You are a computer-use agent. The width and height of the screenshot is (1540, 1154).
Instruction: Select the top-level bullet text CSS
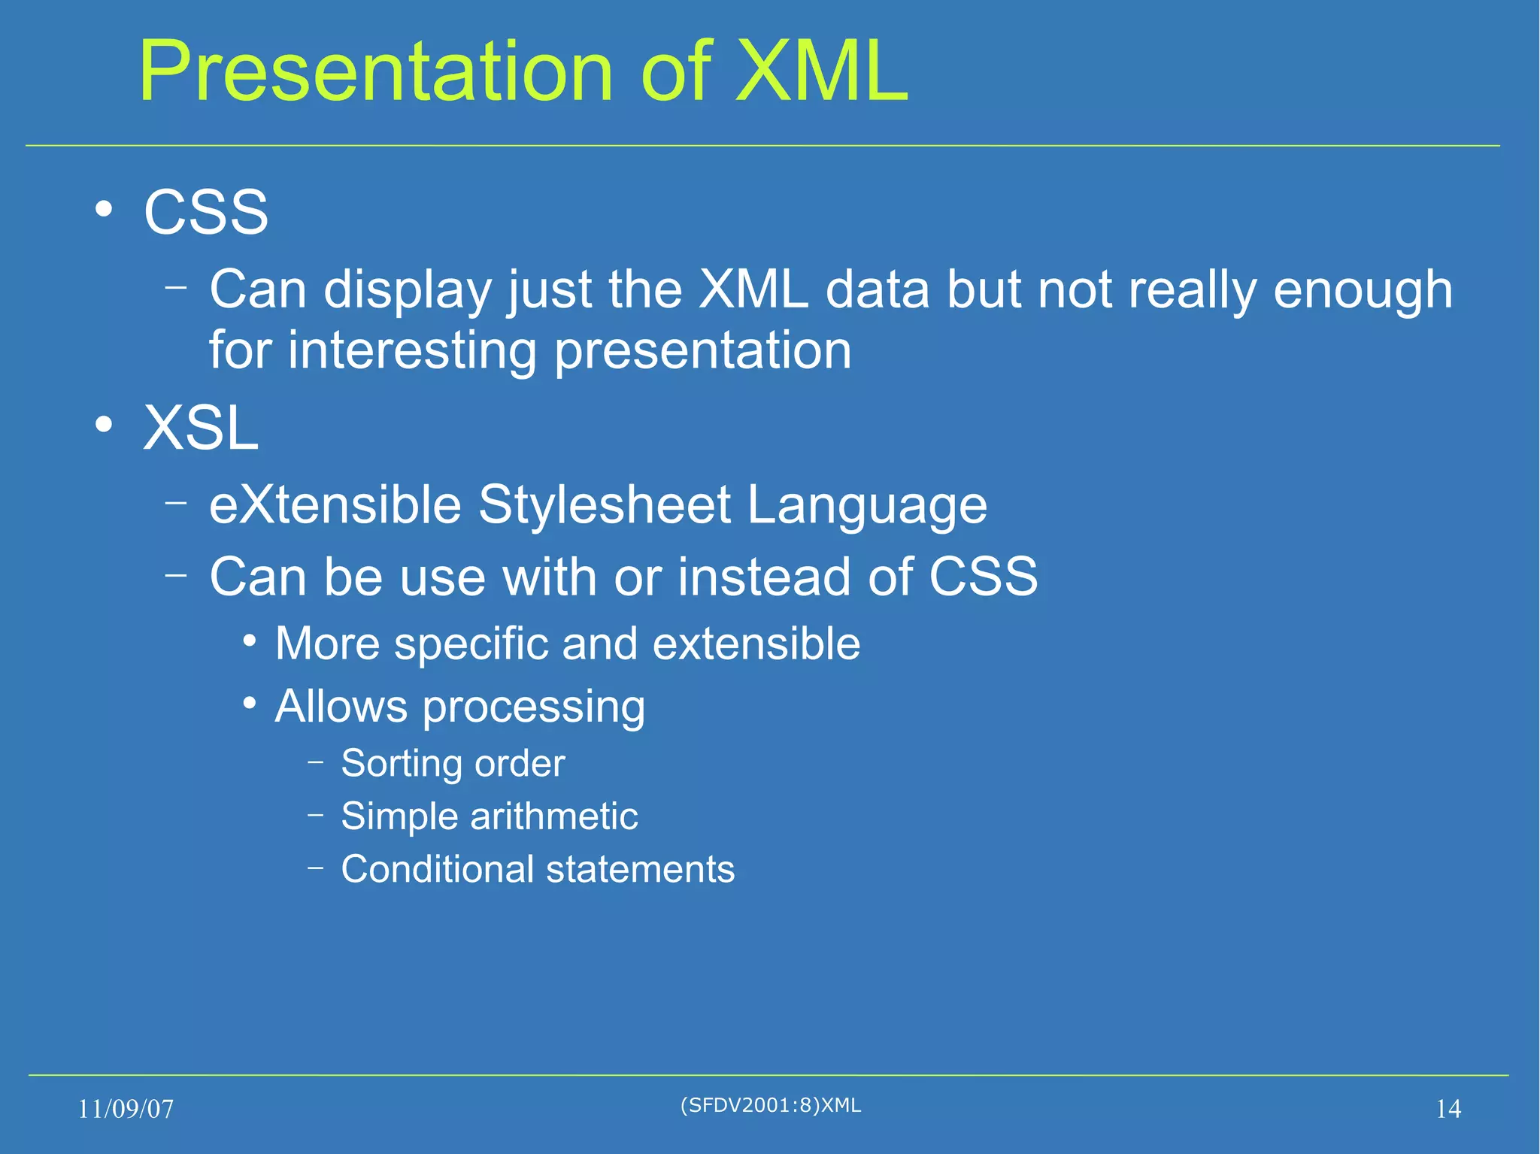tap(205, 213)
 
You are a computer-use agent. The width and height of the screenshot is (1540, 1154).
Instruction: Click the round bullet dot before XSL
tap(104, 426)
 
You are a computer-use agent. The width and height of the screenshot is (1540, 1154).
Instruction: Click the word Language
tap(866, 506)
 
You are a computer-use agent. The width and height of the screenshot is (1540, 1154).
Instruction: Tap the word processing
tap(533, 708)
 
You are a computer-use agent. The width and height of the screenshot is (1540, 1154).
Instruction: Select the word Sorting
tap(401, 765)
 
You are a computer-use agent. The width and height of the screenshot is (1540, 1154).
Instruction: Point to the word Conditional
tap(436, 869)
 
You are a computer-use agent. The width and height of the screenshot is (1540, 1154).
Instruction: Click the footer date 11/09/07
tap(126, 1109)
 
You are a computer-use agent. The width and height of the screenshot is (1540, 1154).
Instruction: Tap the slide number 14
tap(1448, 1109)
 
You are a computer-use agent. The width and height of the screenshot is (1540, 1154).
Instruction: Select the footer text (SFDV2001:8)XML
tap(770, 1105)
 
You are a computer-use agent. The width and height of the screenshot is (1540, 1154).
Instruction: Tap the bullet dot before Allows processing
tap(250, 704)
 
